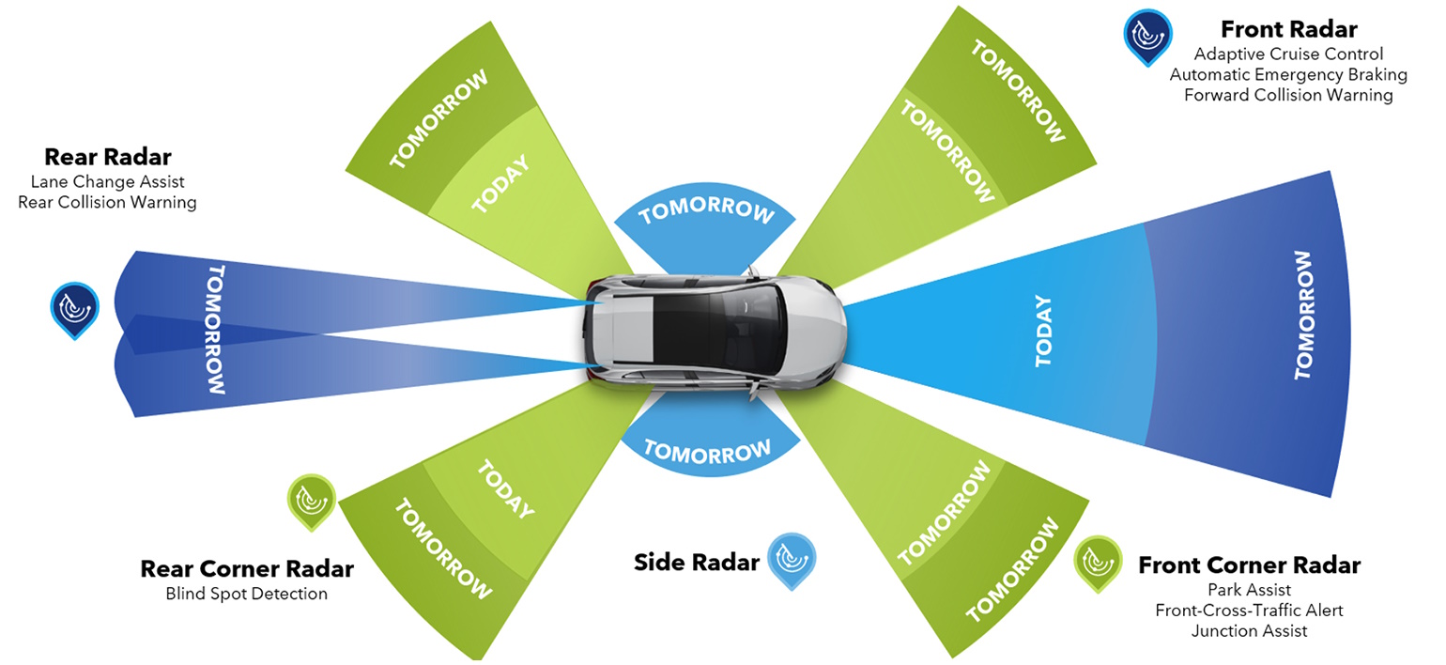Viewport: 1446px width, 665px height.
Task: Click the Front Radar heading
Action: [x=1288, y=29]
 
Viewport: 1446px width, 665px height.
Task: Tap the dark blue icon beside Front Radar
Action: [x=1147, y=35]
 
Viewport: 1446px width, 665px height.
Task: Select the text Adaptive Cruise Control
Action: [x=1288, y=54]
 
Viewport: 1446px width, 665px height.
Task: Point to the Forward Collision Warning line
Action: [x=1288, y=95]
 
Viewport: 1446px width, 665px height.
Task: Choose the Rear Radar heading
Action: [x=108, y=157]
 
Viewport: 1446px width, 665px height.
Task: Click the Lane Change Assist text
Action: [x=107, y=181]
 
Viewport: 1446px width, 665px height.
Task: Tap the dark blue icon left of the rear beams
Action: [x=74, y=308]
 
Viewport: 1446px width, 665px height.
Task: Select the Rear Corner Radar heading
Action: [x=247, y=568]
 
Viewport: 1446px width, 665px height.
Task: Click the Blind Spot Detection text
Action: [x=247, y=594]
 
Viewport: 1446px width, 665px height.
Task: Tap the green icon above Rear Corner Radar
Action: [x=311, y=500]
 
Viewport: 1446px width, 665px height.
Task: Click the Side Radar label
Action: [x=696, y=563]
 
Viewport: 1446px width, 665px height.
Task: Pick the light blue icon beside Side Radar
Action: [x=792, y=559]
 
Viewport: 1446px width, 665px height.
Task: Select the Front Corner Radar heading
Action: [x=1249, y=565]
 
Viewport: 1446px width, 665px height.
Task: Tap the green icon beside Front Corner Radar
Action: [x=1098, y=562]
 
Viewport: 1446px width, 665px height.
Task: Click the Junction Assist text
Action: [x=1249, y=631]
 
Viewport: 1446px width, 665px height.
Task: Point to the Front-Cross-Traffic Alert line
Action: [x=1249, y=611]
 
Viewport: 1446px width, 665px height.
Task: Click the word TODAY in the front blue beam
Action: [x=1043, y=332]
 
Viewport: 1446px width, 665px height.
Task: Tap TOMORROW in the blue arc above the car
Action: [x=707, y=211]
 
